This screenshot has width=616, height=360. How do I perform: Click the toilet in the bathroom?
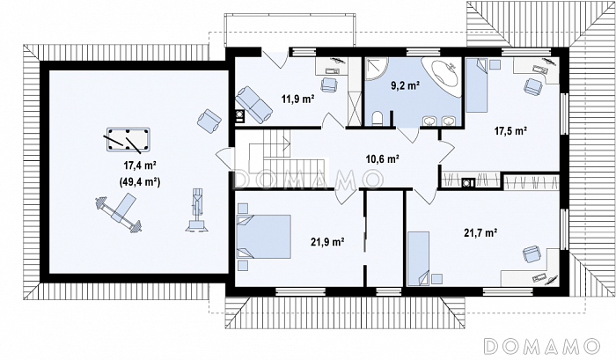(x=378, y=119)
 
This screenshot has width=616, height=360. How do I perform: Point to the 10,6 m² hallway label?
(x=383, y=158)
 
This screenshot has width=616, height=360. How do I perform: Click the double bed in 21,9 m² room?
(x=264, y=237)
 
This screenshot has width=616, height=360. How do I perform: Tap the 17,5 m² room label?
(x=510, y=131)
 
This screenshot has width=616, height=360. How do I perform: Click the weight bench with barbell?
(x=119, y=212)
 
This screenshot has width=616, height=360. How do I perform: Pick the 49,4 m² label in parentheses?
(x=139, y=182)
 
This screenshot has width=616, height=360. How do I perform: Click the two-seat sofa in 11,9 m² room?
(x=253, y=103)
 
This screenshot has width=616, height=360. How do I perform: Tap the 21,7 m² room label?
(x=480, y=232)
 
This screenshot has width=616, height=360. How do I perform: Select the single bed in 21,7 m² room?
(x=418, y=259)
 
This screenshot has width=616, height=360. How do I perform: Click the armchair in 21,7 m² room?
(x=532, y=254)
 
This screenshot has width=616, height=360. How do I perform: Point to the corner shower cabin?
(x=376, y=69)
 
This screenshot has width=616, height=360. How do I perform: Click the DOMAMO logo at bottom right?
(x=542, y=346)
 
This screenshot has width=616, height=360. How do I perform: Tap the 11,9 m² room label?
(x=297, y=99)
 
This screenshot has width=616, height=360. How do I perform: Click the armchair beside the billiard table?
(x=209, y=120)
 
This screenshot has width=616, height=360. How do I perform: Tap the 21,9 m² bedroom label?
(x=327, y=242)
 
